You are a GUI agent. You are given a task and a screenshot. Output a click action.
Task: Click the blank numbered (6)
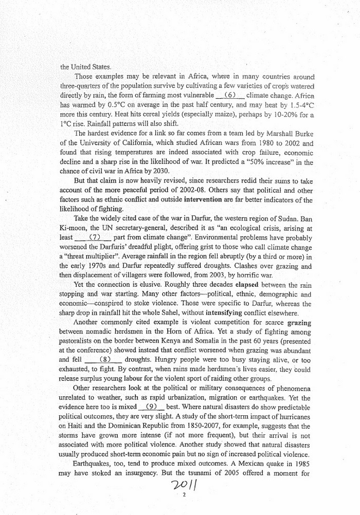(x=229, y=96)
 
